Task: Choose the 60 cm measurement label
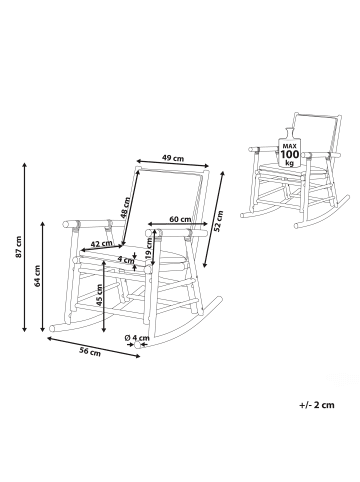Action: point(180,218)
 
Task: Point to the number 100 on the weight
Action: point(288,153)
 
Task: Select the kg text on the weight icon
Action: point(288,163)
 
